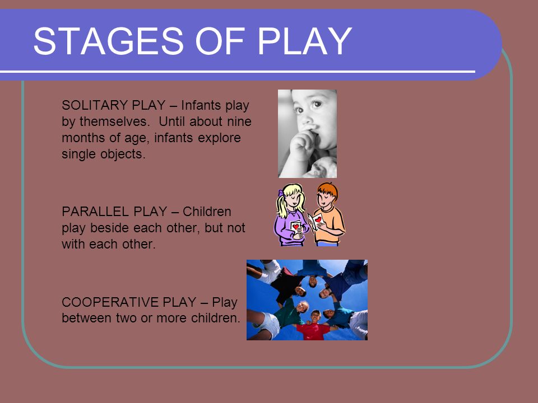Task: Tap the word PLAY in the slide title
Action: tap(304, 41)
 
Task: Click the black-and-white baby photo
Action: tap(307, 134)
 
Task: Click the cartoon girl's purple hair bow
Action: tap(281, 193)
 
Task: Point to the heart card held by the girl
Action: tap(296, 226)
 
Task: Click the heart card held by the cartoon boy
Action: tap(316, 221)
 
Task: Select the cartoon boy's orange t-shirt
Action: tap(329, 224)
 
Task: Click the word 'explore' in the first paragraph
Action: tap(219, 138)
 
